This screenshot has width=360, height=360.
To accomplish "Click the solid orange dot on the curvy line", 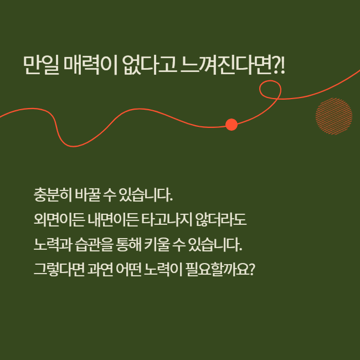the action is point(232,125).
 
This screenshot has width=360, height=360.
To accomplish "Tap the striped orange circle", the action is point(334,116).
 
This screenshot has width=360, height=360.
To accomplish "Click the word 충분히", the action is point(53,195).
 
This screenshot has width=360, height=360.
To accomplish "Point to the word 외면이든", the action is point(59,219).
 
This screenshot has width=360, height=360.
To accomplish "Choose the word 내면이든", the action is point(113,219).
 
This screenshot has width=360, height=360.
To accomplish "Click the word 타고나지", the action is point(167,219).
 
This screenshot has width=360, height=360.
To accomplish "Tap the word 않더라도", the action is point(221,219).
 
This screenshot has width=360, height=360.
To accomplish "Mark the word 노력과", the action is point(53,244).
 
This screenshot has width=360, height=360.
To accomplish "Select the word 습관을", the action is point(94,244).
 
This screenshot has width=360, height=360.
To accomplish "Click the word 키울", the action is point(157,244).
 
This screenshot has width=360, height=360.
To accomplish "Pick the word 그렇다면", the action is point(59,269).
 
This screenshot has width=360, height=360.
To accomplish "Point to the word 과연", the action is point(100,269).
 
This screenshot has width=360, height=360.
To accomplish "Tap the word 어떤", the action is point(128,269).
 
